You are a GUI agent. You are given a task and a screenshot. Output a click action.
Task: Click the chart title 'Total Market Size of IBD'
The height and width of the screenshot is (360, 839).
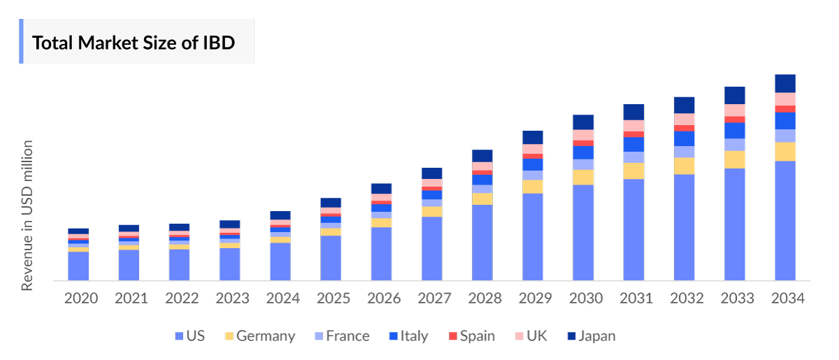pyautogui.click(x=133, y=43)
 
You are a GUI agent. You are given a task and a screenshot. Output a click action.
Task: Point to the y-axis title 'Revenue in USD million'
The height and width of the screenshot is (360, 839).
pyautogui.click(x=27, y=215)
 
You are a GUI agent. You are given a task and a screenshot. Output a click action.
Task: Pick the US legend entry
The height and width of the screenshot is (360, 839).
pyautogui.click(x=189, y=336)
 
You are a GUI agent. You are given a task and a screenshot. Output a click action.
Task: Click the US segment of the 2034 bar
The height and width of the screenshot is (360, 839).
pyautogui.click(x=785, y=220)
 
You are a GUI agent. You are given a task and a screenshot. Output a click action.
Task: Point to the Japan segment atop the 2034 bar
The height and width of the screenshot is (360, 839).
pyautogui.click(x=785, y=83)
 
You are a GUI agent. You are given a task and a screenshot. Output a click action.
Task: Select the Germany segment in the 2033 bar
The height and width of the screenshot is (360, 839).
pyautogui.click(x=735, y=159)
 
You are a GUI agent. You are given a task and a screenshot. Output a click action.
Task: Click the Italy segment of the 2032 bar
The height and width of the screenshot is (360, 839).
pyautogui.click(x=684, y=138)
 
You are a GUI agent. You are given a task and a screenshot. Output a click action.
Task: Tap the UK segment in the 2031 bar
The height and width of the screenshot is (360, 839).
pyautogui.click(x=633, y=126)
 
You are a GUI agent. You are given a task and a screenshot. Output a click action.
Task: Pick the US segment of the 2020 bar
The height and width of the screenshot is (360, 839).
pyautogui.click(x=78, y=266)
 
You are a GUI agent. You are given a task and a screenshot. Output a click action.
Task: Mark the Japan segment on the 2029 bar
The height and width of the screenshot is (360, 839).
pyautogui.click(x=533, y=137)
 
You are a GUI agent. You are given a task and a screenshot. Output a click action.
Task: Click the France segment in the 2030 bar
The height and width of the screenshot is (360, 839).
pyautogui.click(x=583, y=164)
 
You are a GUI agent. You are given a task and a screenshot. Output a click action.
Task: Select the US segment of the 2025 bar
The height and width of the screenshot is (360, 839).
pyautogui.click(x=331, y=258)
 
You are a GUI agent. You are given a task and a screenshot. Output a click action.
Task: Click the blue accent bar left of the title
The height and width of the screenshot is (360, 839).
pyautogui.click(x=21, y=41)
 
